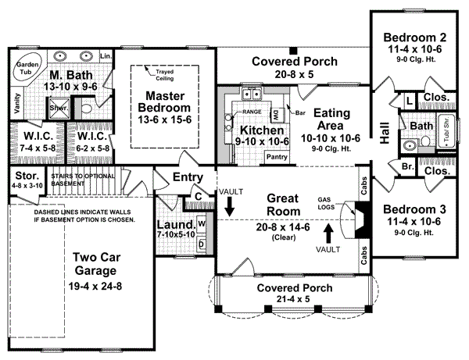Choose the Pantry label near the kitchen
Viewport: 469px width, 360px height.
coord(278,156)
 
